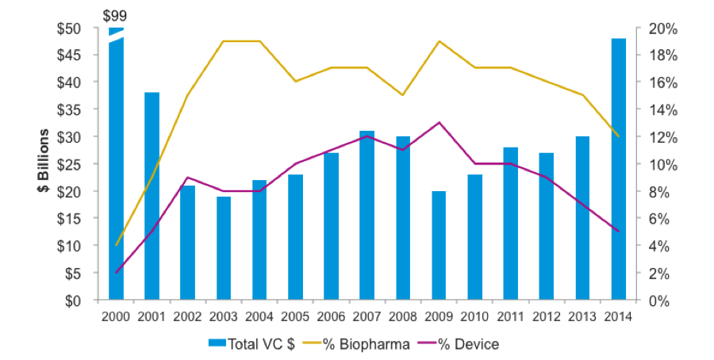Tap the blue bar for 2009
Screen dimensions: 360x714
click(x=439, y=246)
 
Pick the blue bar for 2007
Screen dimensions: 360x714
click(x=367, y=216)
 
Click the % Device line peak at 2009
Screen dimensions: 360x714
click(x=439, y=123)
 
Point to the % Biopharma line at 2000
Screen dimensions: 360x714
click(x=116, y=246)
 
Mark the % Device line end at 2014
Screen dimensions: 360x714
click(x=618, y=232)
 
